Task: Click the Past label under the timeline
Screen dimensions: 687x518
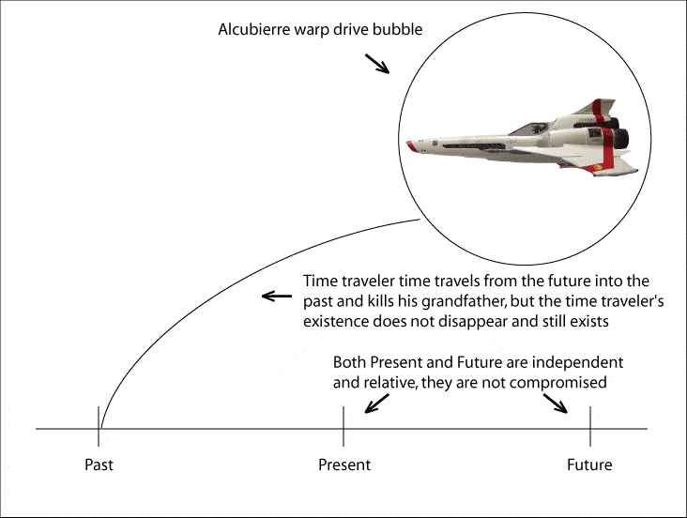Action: (x=99, y=465)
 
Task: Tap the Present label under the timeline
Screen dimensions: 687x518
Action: (x=344, y=465)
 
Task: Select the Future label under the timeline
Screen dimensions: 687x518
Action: (x=589, y=465)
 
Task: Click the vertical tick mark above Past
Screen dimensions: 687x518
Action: (x=99, y=426)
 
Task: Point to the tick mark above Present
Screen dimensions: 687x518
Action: (x=343, y=426)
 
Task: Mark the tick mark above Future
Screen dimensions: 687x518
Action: (x=590, y=426)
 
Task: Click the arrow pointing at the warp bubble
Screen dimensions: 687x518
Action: (x=377, y=64)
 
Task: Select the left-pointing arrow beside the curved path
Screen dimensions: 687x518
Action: (x=277, y=297)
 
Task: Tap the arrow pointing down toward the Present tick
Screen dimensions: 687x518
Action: (x=376, y=404)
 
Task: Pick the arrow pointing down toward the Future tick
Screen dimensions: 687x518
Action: (x=556, y=404)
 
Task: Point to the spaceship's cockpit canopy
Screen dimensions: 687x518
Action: (x=528, y=129)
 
